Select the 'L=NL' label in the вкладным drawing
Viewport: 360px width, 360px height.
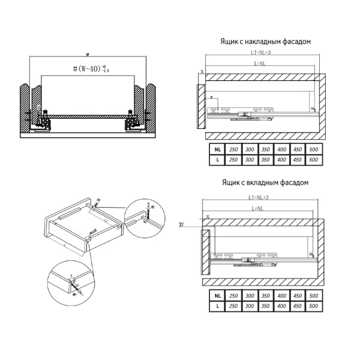coord(260,208)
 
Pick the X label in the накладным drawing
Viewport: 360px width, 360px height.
coord(202,71)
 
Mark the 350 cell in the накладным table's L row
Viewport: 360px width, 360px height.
coord(266,160)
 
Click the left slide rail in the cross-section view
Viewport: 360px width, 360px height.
coord(42,122)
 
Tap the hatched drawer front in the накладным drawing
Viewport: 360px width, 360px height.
coord(200,106)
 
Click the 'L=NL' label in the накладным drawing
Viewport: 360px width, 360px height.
coord(260,64)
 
